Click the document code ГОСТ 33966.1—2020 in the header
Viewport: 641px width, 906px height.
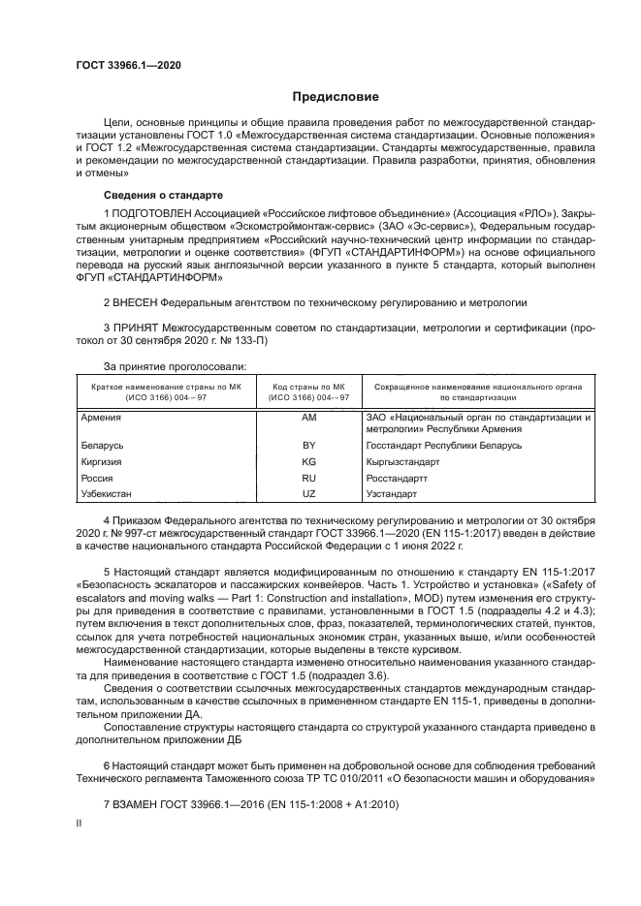(128, 65)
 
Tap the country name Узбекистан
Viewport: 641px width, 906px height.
(108, 494)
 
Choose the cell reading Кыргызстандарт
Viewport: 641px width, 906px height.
(402, 462)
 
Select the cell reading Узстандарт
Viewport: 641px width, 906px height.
(391, 494)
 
